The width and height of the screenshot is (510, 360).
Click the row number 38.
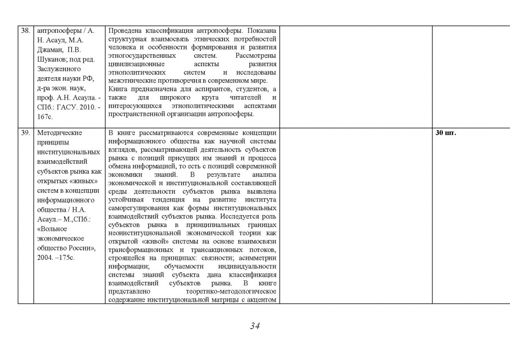tap(25, 30)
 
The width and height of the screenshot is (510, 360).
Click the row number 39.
tap(25, 133)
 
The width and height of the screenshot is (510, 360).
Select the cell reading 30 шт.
tap(446, 133)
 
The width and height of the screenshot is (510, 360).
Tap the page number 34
tap(255, 326)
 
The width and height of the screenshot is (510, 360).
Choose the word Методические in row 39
tap(60, 133)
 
